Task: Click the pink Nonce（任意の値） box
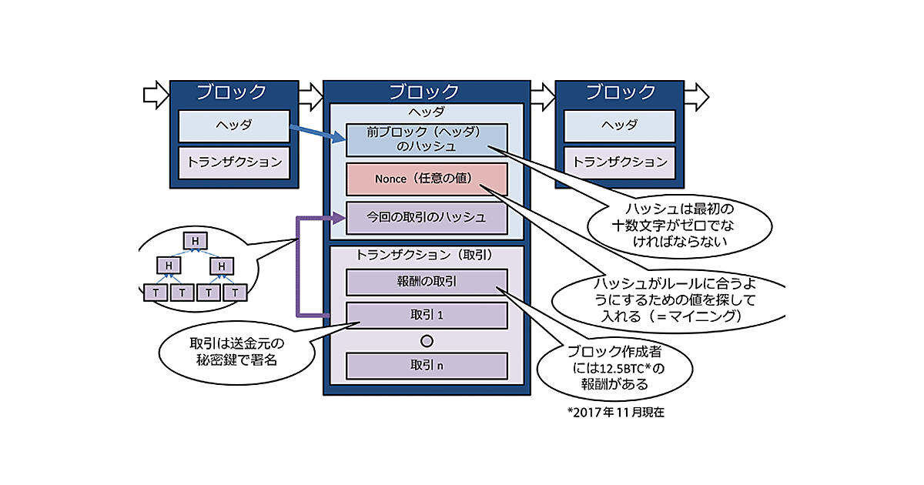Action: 427,179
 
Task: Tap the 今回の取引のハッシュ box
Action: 427,218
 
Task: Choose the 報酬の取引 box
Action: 427,282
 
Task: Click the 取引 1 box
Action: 427,316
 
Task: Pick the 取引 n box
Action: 427,366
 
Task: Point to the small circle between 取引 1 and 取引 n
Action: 427,340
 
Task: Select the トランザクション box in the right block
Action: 620,162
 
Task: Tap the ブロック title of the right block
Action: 620,93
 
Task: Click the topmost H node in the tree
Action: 196,241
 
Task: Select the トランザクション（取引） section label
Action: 425,254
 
